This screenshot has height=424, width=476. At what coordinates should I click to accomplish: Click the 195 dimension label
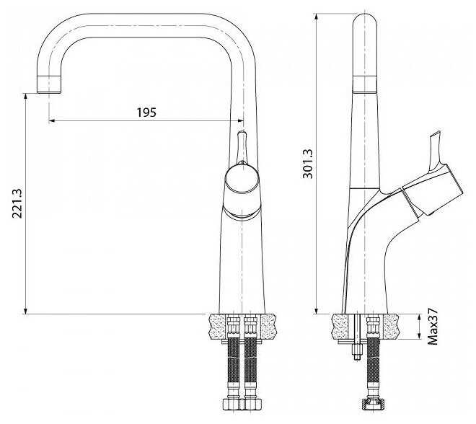click(146, 112)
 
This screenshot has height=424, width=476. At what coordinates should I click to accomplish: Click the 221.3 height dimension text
click(17, 203)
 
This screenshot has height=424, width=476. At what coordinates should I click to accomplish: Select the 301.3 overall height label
click(308, 164)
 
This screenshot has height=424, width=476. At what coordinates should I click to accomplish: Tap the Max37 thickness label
click(433, 326)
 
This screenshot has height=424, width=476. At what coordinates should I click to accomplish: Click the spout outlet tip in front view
click(49, 84)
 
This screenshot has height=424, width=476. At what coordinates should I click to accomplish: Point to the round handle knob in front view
click(242, 179)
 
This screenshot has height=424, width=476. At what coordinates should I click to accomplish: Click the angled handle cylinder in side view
click(432, 190)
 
